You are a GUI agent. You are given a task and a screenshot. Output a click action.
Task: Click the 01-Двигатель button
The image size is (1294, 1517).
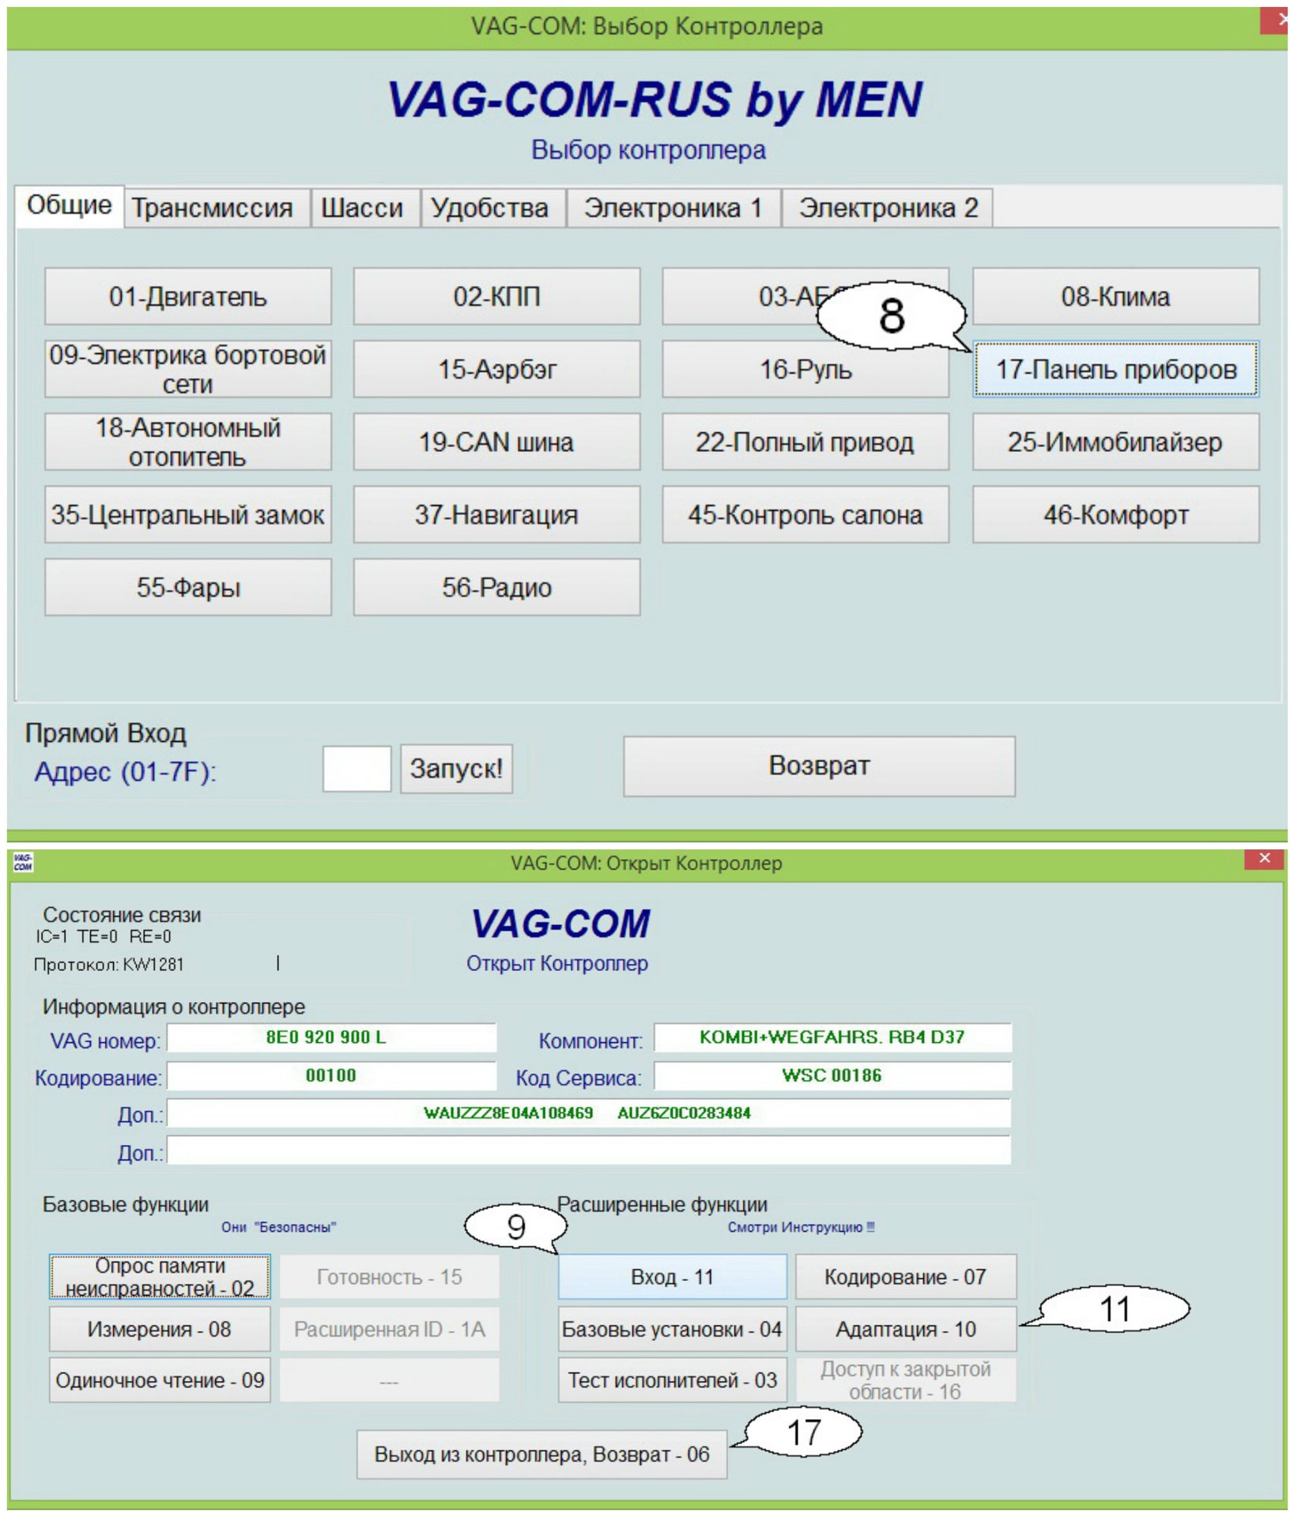click(187, 296)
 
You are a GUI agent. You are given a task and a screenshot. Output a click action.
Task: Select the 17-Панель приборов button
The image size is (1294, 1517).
click(1115, 369)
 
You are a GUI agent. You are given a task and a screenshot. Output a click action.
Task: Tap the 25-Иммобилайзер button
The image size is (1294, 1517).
click(1115, 442)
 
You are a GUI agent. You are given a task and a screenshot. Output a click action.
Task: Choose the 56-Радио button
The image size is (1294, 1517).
click(496, 587)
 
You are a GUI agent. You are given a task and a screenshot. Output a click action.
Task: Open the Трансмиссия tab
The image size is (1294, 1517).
click(212, 208)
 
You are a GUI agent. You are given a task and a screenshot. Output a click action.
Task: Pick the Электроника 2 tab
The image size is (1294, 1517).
click(888, 208)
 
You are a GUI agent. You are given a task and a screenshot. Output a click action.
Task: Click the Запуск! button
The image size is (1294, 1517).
click(456, 768)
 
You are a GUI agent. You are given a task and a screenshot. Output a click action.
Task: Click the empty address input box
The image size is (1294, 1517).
click(357, 768)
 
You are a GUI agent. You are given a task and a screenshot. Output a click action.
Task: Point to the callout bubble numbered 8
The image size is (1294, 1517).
click(891, 315)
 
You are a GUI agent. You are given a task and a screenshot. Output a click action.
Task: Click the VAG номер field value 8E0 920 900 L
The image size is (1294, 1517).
click(331, 1037)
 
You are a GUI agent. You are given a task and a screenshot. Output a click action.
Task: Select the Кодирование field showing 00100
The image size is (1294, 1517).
click(331, 1075)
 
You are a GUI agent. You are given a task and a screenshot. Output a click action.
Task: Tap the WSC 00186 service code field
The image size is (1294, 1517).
click(832, 1075)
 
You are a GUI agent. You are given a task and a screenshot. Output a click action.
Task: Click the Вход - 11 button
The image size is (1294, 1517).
click(672, 1277)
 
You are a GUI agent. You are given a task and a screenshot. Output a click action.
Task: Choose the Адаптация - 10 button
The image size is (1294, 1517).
click(905, 1329)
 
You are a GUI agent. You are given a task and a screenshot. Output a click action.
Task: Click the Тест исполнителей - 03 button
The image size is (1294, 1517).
click(672, 1380)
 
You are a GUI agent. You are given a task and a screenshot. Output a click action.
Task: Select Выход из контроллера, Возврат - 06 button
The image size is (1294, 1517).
click(541, 1455)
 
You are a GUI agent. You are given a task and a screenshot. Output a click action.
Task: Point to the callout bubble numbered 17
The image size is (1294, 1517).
click(804, 1432)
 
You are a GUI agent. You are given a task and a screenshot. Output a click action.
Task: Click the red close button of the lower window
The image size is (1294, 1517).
click(1264, 858)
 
